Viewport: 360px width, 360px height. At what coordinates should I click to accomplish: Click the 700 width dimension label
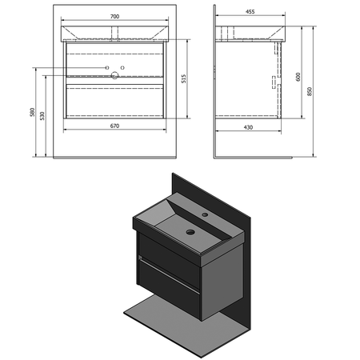[114, 17]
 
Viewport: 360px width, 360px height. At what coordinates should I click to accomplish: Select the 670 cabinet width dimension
[114, 126]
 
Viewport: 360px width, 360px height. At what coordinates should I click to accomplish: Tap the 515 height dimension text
[184, 79]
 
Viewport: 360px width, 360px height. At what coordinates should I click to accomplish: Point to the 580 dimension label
[32, 112]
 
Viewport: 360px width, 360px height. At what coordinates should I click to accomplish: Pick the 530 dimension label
[42, 116]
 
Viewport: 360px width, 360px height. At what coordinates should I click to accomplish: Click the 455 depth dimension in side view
[250, 12]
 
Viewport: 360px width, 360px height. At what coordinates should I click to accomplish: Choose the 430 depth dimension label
[248, 127]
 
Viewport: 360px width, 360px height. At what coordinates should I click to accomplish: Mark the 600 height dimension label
[298, 77]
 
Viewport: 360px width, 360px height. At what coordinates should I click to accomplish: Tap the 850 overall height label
[310, 91]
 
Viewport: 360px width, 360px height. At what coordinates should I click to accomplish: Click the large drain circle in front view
[114, 75]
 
